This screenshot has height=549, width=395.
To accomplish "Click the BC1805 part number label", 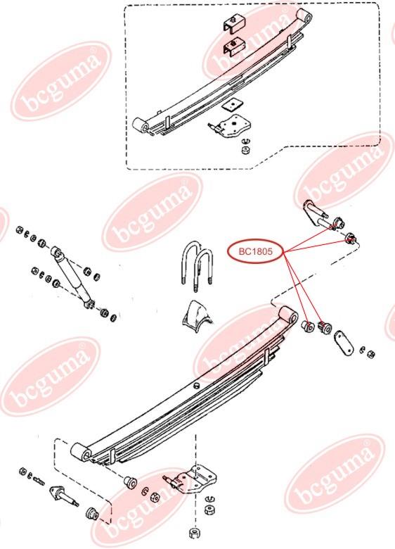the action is pos(255,251).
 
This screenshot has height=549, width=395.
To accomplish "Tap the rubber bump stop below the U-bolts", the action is pos(197,315).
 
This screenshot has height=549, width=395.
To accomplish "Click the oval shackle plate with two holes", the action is pos(344,343).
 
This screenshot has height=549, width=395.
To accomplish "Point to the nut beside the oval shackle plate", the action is pos(371,354).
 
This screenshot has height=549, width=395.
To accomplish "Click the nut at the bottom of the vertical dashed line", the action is pos(194,534).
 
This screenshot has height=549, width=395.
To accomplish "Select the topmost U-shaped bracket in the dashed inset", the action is pos(233,25).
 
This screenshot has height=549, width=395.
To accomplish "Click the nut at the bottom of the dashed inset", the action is pos(246,151).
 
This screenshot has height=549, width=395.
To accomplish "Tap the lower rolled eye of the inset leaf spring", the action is pos(141,125).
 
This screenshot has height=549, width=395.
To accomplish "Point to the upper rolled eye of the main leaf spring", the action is pos(289,315).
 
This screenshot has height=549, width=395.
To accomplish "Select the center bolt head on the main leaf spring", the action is pos(197,386).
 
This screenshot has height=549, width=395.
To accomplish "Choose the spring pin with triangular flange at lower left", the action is pos(64,496).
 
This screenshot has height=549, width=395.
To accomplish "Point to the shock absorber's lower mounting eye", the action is pos(89,303).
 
